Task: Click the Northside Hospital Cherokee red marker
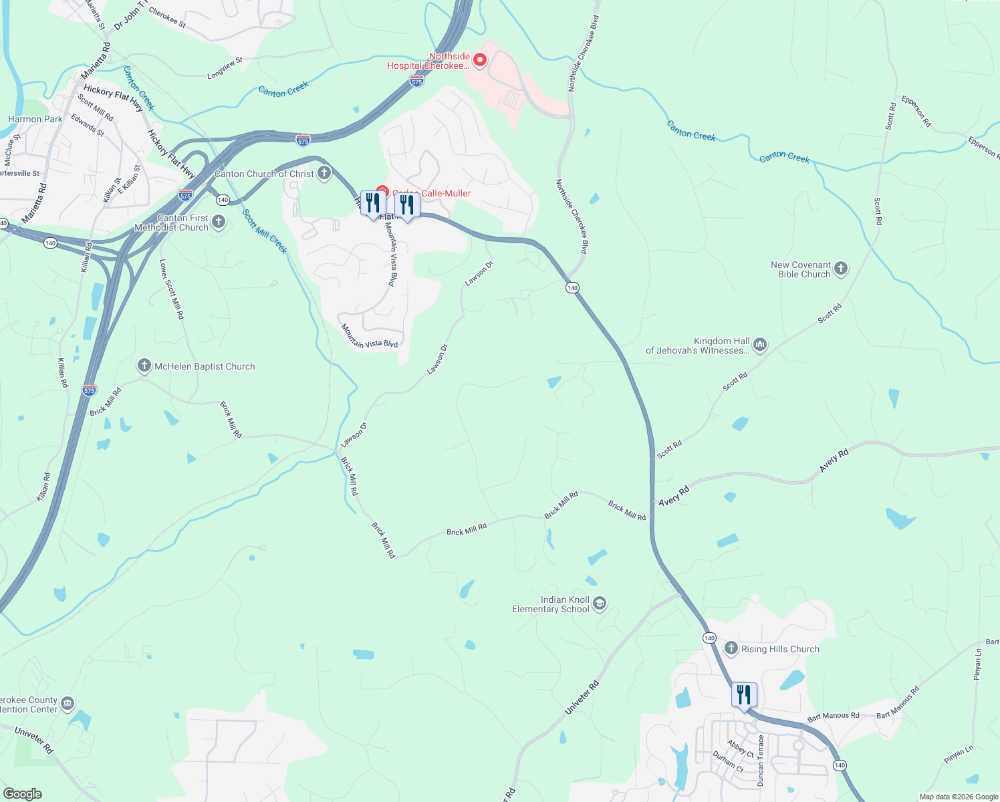pyautogui.click(x=479, y=61)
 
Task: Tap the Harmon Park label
pyautogui.click(x=35, y=119)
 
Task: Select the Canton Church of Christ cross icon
pyautogui.click(x=324, y=174)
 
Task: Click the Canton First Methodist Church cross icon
pyautogui.click(x=219, y=221)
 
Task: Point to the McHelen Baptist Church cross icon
pyautogui.click(x=144, y=366)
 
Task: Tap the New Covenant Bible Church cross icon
pyautogui.click(x=841, y=269)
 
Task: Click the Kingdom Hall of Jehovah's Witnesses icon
pyautogui.click(x=759, y=345)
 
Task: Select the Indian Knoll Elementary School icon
pyautogui.click(x=600, y=604)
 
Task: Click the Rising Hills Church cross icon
pyautogui.click(x=731, y=648)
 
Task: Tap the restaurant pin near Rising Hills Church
pyautogui.click(x=743, y=695)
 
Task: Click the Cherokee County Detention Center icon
pyautogui.click(x=68, y=704)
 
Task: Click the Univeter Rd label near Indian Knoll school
pyautogui.click(x=582, y=699)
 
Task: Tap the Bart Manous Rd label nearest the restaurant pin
pyautogui.click(x=833, y=716)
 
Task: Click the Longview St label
pyautogui.click(x=225, y=69)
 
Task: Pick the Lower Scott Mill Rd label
pyautogui.click(x=171, y=289)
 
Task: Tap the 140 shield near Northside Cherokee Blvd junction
pyautogui.click(x=572, y=287)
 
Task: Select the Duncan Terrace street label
pyautogui.click(x=760, y=761)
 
